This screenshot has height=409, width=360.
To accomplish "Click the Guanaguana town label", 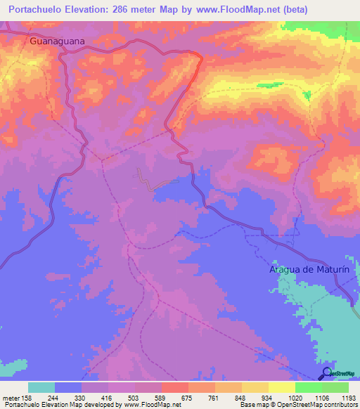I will [x=57, y=41].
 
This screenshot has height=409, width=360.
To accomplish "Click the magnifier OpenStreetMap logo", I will [x=326, y=373].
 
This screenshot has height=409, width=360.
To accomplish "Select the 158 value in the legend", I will [x=28, y=397].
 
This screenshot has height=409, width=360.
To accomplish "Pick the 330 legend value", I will [x=82, y=397].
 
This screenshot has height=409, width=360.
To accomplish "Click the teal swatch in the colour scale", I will [x=41, y=387].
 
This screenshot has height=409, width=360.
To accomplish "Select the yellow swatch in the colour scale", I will [x=281, y=387].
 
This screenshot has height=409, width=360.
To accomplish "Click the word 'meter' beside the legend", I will [x=11, y=397].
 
